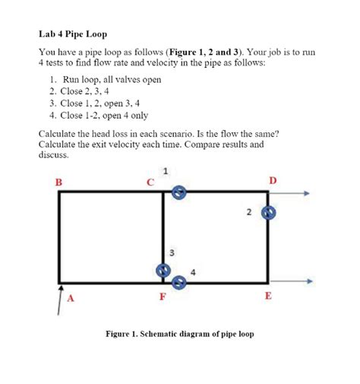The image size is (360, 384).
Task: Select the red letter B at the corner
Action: point(58,181)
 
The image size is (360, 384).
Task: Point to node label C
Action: point(150,181)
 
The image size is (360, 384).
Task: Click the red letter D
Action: point(273,179)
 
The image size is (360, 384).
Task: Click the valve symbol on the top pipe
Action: point(177,192)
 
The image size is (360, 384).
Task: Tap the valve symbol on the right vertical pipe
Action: point(267,214)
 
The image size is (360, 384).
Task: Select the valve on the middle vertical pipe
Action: point(162,270)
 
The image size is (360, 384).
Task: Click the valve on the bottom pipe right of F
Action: point(178,283)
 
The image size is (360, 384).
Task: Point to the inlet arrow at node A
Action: point(60,297)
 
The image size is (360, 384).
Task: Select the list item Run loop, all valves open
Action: point(106,80)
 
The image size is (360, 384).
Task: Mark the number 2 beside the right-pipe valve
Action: point(248,212)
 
